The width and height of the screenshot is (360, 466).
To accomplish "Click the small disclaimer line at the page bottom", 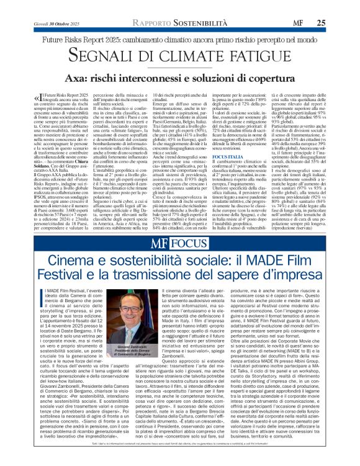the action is click(179, 460).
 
